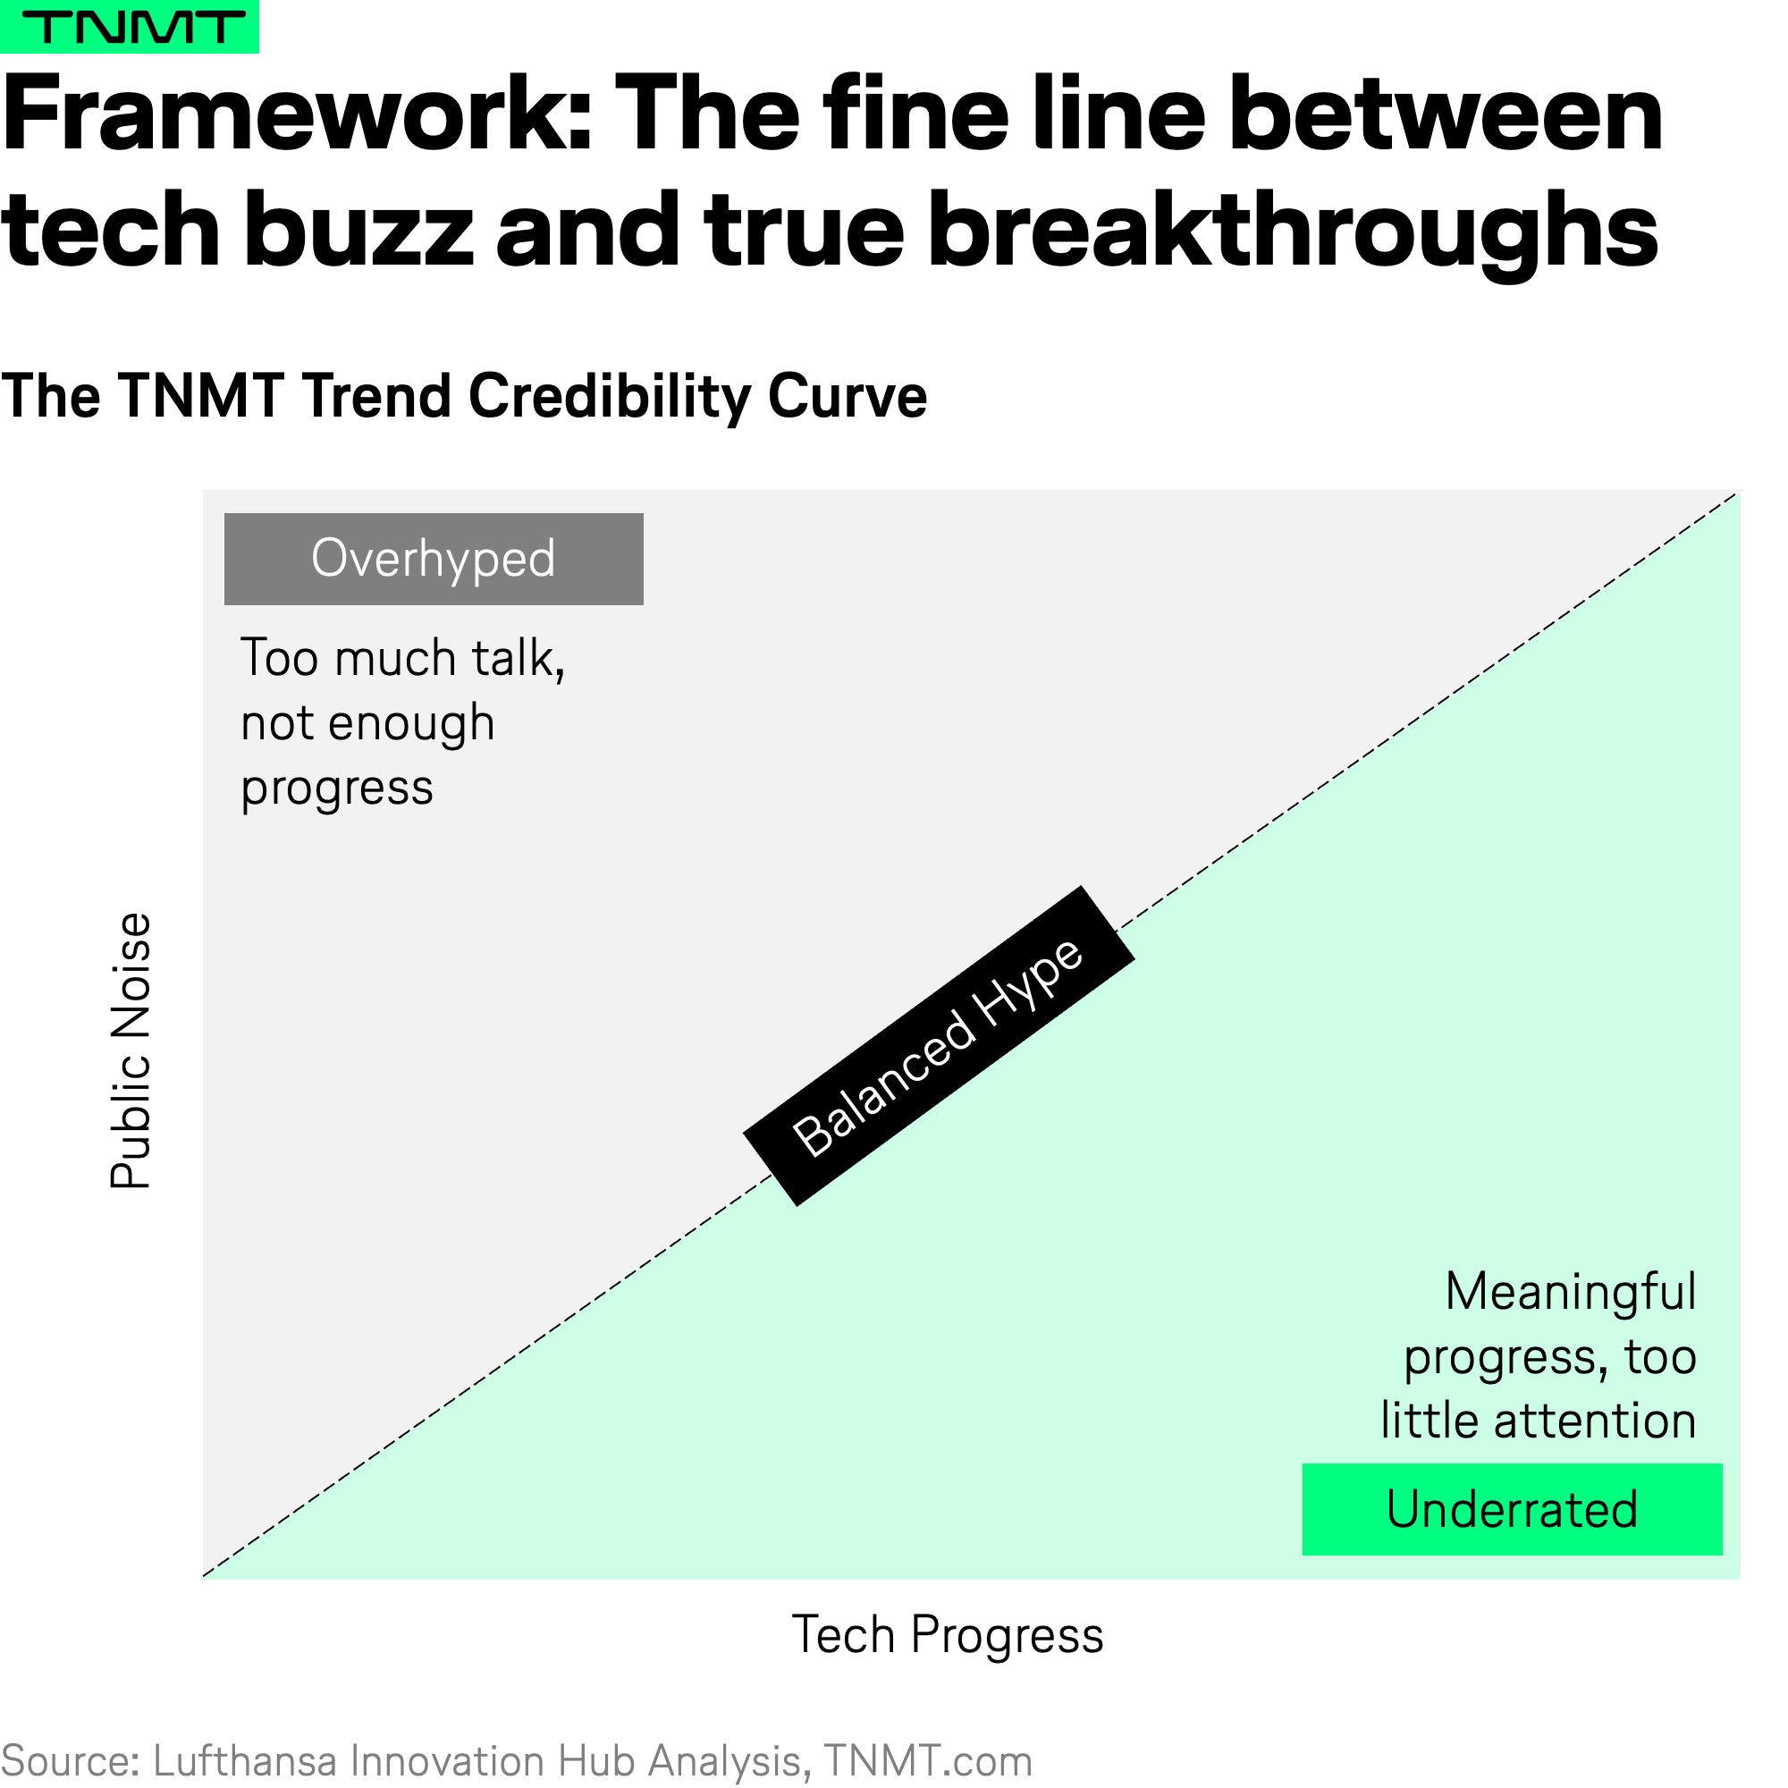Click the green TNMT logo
pos(130,27)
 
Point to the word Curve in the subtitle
pos(847,397)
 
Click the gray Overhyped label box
pos(434,559)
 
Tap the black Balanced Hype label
pos(939,1046)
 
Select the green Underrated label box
pos(1513,1509)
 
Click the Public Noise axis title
pos(131,1050)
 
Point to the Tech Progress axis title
pos(948,1633)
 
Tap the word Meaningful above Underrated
pos(1571,1292)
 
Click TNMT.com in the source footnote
pos(928,1761)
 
